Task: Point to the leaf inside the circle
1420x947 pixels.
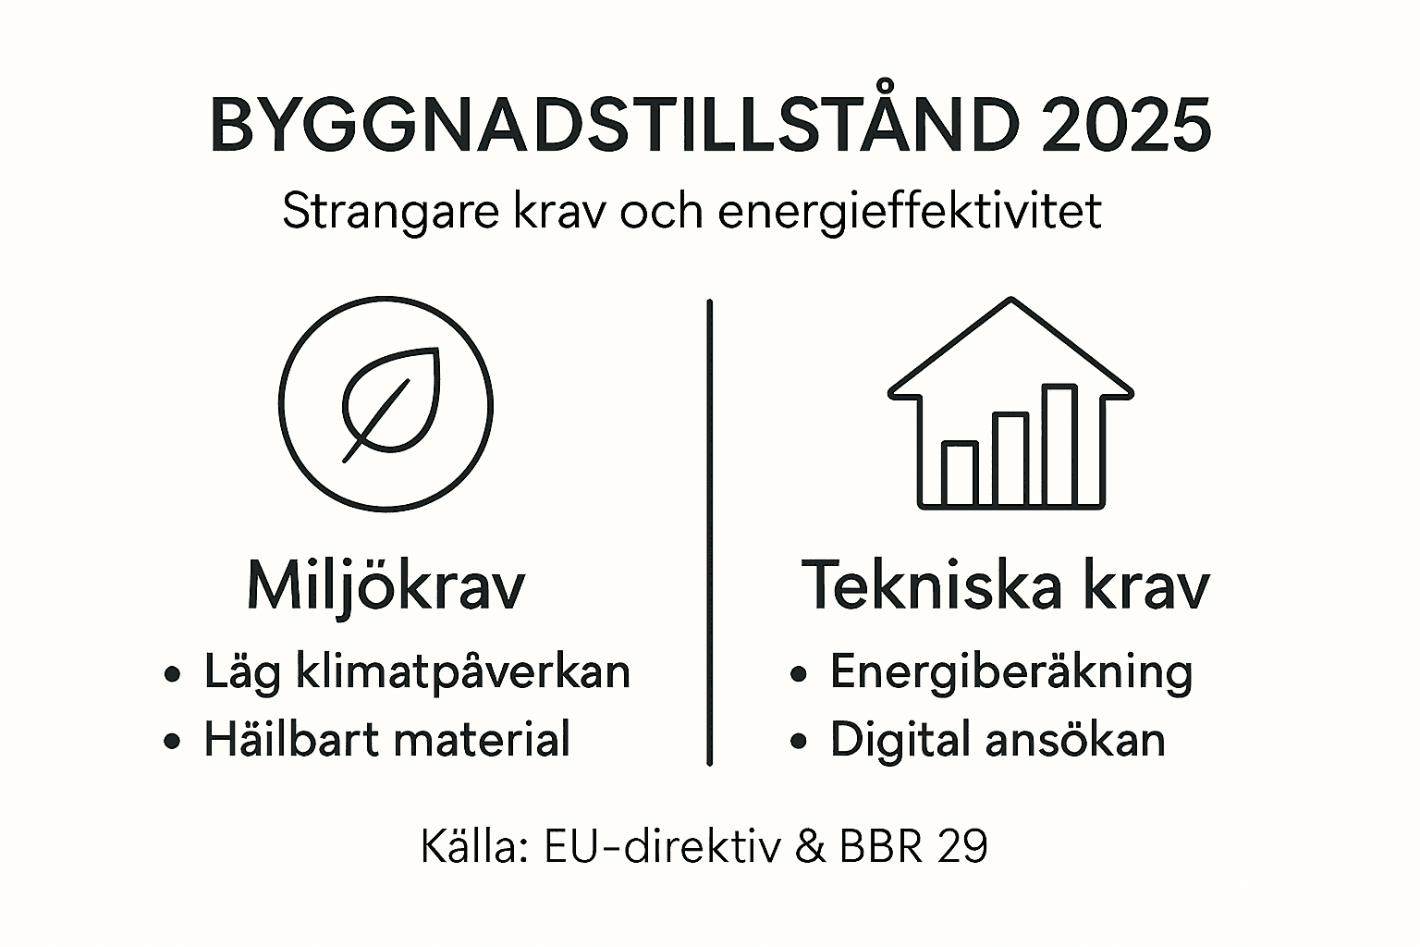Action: tap(390, 402)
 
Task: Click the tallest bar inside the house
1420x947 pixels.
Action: tap(1059, 446)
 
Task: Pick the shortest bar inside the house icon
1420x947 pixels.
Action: tap(960, 473)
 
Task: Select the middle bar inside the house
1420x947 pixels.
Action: tap(1010, 460)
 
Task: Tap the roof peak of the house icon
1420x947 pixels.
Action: tap(1011, 301)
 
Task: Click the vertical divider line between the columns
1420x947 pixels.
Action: tap(709, 532)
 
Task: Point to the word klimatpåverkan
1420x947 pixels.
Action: tap(463, 672)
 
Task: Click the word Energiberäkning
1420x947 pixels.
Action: tap(1011, 672)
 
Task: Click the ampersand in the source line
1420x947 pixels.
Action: tap(809, 846)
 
